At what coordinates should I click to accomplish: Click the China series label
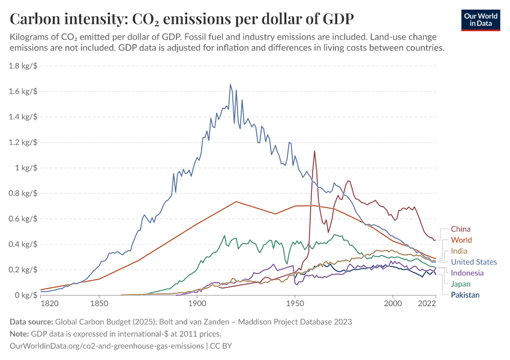pos(460,229)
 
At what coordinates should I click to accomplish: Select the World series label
pos(461,240)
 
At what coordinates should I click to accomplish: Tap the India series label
pos(459,251)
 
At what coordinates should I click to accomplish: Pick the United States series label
pos(473,262)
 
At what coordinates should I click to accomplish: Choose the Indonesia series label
pos(467,273)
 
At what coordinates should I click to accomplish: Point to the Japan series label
pos(460,284)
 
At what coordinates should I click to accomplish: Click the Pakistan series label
pos(465,295)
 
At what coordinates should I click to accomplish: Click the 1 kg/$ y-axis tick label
pos(26,168)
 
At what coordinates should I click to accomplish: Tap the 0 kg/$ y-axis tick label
pos(26,295)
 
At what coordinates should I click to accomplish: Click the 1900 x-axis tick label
pos(197,305)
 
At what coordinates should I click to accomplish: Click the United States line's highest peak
pos(230,85)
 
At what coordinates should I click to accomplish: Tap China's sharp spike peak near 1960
pos(314,151)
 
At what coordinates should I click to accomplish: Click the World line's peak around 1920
pos(236,202)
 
